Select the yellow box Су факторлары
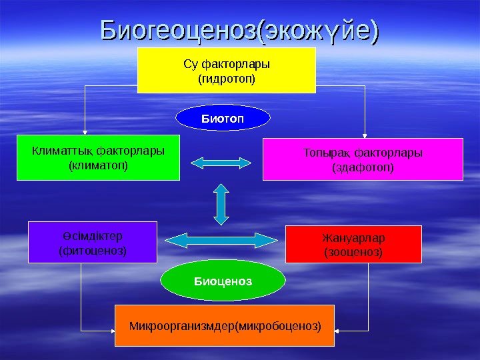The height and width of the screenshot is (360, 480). tap(226, 69)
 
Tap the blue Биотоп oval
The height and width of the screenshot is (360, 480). tap(223, 119)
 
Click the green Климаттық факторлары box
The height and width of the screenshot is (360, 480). tap(98, 157)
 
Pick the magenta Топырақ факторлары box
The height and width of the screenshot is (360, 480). tap(363, 159)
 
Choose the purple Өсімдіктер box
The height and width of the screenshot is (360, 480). tap(93, 242)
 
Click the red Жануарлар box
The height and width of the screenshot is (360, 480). tap(353, 244)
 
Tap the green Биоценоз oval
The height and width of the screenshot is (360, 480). tap(223, 281)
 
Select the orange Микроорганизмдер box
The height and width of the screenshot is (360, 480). tap(225, 326)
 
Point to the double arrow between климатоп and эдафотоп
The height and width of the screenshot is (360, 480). tap(221, 161)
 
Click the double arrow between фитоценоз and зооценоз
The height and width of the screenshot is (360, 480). tap(221, 239)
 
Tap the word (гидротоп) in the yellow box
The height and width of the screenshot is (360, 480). tap(227, 79)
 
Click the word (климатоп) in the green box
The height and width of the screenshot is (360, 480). tap(99, 163)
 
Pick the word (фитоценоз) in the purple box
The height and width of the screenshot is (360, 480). tap(93, 251)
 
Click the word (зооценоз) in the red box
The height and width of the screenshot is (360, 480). tap(353, 253)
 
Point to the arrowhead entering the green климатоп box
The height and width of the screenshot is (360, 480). tap(85, 133)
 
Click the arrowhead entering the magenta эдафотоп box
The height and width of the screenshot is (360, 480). tap(363, 134)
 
